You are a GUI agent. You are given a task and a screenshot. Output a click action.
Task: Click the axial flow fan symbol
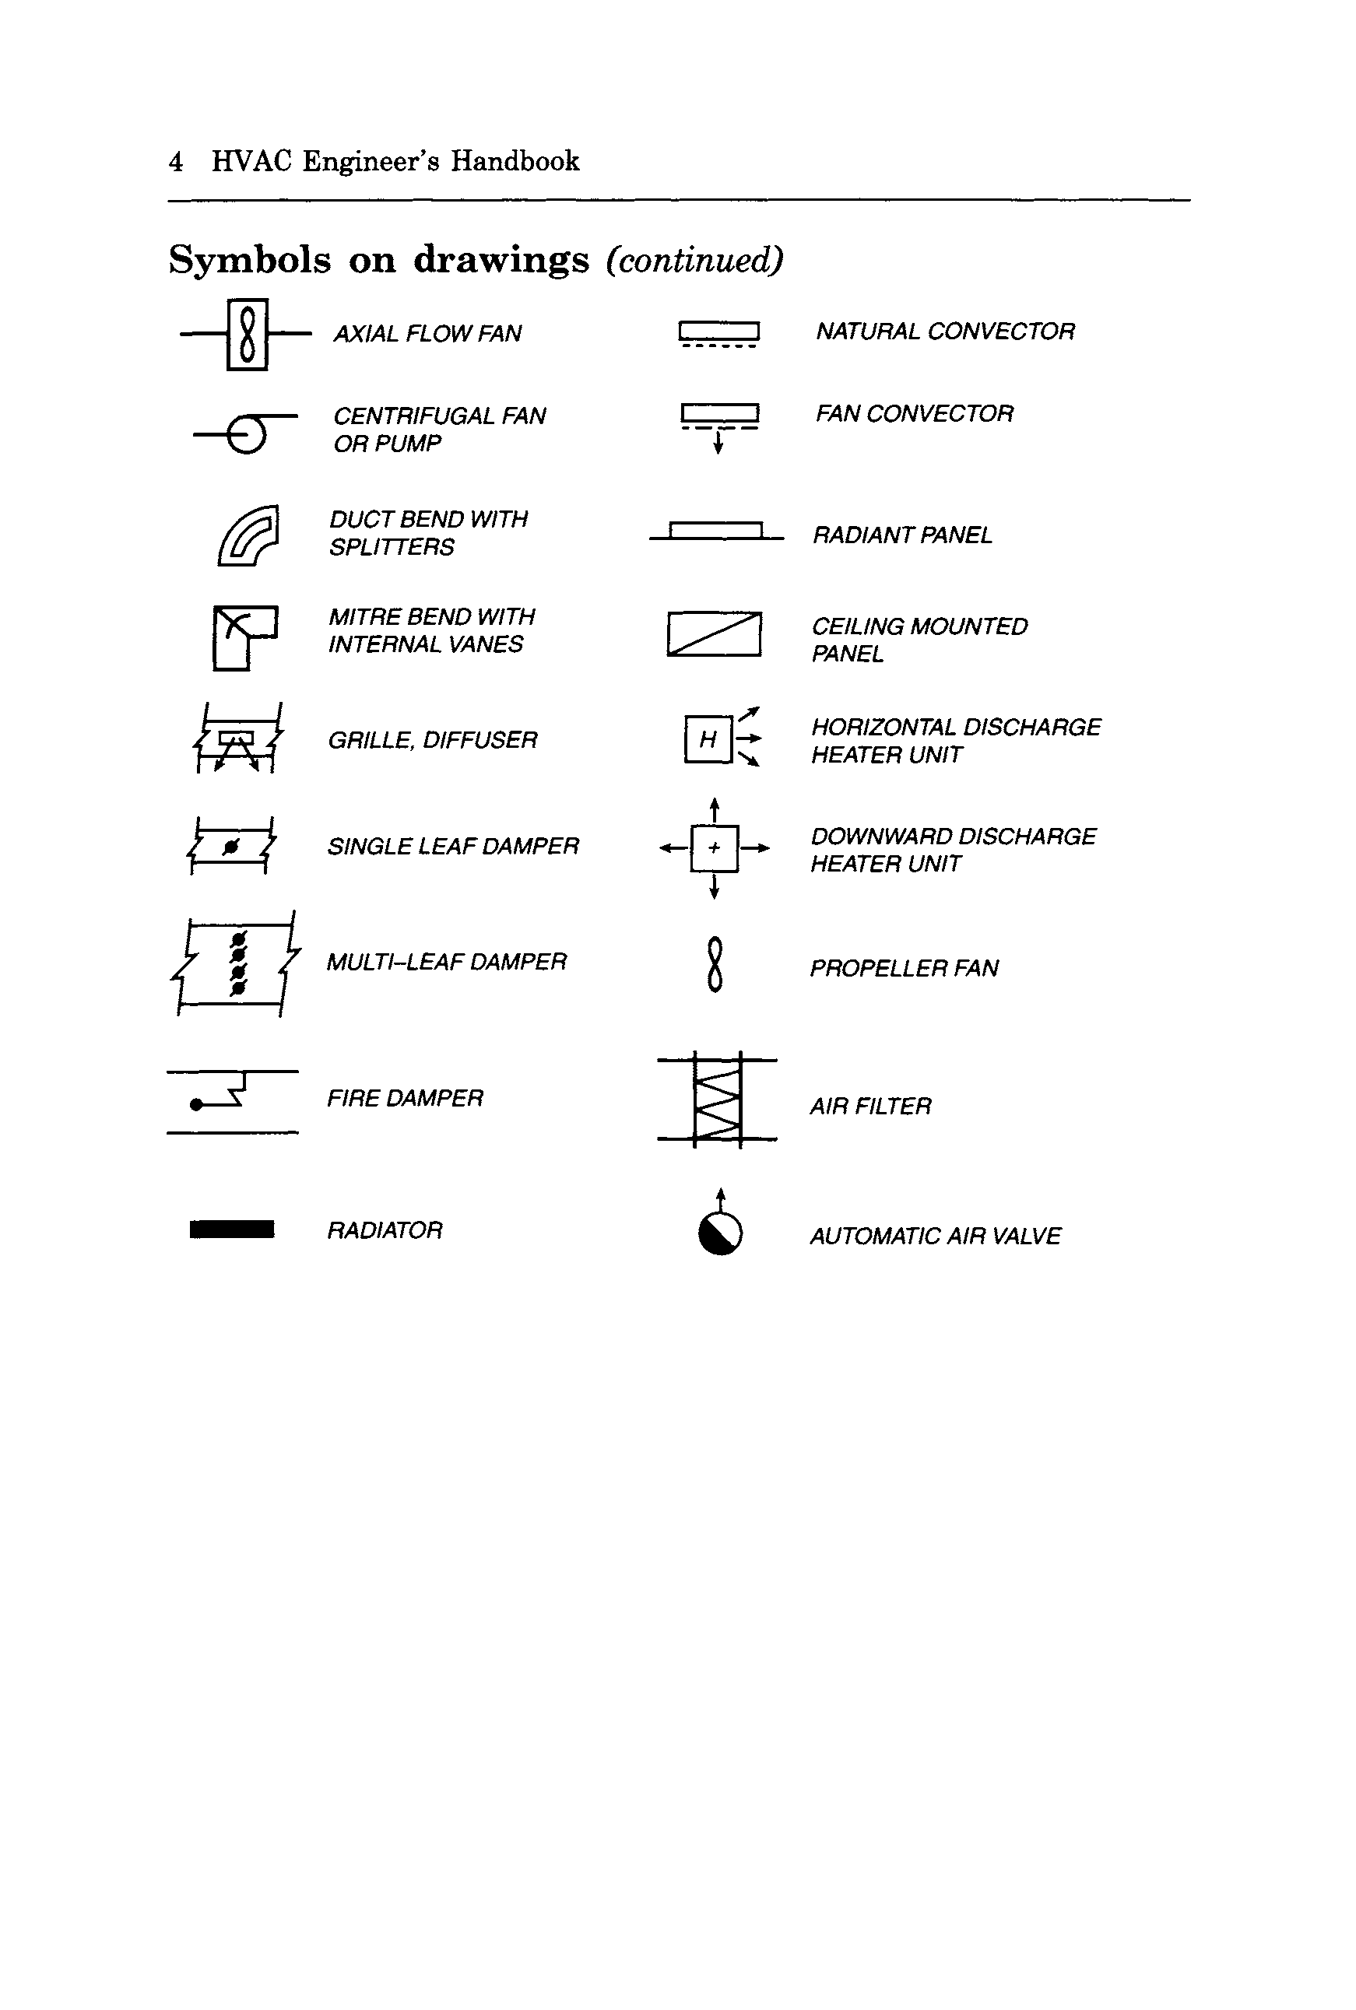[x=248, y=335]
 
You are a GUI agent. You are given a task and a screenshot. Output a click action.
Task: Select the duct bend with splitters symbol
[x=249, y=536]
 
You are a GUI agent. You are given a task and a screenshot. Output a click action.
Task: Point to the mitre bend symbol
[x=244, y=637]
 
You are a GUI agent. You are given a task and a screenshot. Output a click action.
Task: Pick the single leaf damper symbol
[x=231, y=846]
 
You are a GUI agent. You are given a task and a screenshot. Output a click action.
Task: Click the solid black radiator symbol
[x=232, y=1229]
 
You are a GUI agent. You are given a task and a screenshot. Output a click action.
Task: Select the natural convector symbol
[x=718, y=333]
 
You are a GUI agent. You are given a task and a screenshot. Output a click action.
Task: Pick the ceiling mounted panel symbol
[x=715, y=633]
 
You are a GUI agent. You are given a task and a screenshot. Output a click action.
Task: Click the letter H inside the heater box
[x=708, y=739]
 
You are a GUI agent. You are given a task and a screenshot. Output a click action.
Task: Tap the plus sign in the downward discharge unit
[x=715, y=848]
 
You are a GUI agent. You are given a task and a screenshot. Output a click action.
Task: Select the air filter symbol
[x=718, y=1100]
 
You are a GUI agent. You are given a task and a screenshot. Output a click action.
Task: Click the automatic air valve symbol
[x=720, y=1231]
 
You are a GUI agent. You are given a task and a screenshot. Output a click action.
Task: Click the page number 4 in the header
[x=176, y=161]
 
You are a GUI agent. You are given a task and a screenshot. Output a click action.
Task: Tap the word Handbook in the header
[x=515, y=161]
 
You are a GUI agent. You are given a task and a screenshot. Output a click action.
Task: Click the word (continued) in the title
[x=694, y=259]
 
